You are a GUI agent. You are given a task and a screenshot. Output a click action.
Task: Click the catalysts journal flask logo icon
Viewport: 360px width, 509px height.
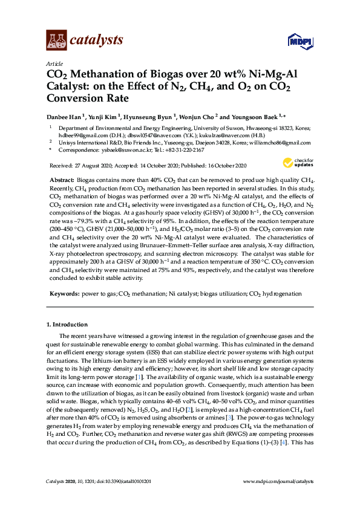(57, 41)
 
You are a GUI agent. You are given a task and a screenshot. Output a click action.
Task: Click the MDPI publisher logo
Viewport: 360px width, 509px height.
(298, 41)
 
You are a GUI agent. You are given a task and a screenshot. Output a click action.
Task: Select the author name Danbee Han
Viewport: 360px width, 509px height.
(66, 116)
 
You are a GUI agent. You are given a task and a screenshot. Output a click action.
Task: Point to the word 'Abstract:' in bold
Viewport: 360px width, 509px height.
(61, 180)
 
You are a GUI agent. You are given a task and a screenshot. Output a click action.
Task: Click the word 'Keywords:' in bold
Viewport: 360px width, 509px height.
(64, 293)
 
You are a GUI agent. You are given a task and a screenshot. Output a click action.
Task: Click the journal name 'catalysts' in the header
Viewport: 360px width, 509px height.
(97, 40)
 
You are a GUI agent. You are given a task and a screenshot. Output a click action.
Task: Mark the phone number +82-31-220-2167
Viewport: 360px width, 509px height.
(181, 150)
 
